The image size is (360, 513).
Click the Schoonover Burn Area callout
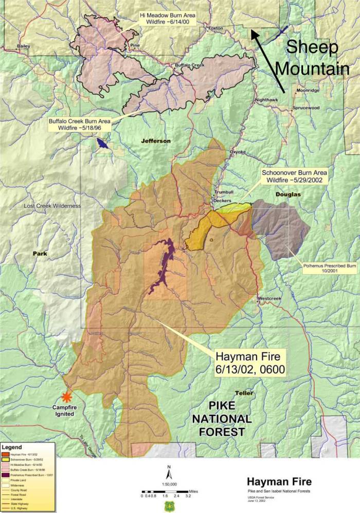click(294, 176)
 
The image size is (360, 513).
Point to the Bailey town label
click(24, 46)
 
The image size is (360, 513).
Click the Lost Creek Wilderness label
click(52, 206)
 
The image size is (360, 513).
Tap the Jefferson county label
click(156, 140)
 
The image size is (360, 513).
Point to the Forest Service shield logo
click(168, 506)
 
